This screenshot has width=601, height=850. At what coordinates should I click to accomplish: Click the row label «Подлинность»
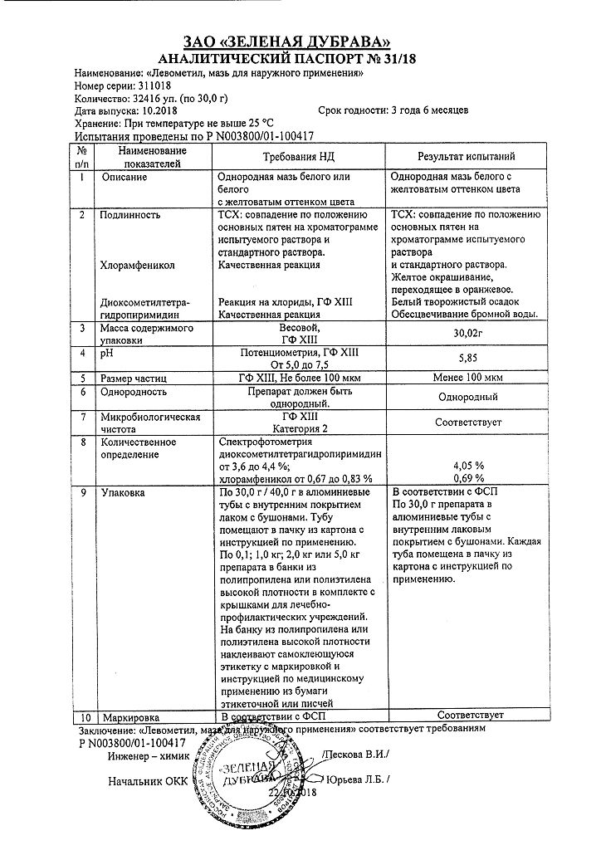[129, 214]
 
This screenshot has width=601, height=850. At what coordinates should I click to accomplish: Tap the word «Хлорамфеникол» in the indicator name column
[137, 265]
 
